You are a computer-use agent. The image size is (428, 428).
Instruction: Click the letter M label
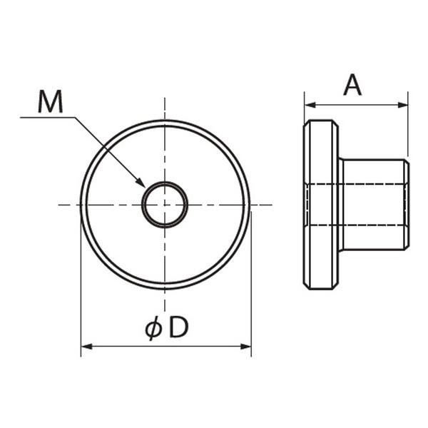51,101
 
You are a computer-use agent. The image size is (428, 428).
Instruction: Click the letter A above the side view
352,85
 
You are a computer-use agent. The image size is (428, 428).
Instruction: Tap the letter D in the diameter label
179,327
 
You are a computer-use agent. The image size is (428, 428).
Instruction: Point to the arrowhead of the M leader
141,183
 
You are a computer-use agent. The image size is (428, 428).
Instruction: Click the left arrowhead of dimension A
310,105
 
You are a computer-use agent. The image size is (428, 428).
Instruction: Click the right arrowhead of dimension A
402,105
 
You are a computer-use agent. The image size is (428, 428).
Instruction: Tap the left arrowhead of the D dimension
87,347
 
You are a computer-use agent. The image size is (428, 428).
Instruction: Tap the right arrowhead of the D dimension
245,347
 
